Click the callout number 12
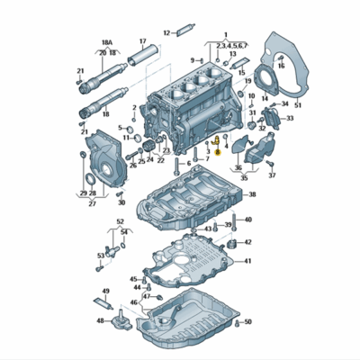pyautogui.click(x=166, y=31)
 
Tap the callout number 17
pyautogui.click(x=141, y=40)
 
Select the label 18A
pyautogui.click(x=107, y=42)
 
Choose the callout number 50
pyautogui.click(x=247, y=320)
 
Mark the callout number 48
pyautogui.click(x=100, y=320)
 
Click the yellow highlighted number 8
pyautogui.click(x=217, y=153)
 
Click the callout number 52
pyautogui.click(x=121, y=220)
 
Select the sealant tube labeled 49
pyautogui.click(x=105, y=303)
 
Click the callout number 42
pyautogui.click(x=248, y=242)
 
